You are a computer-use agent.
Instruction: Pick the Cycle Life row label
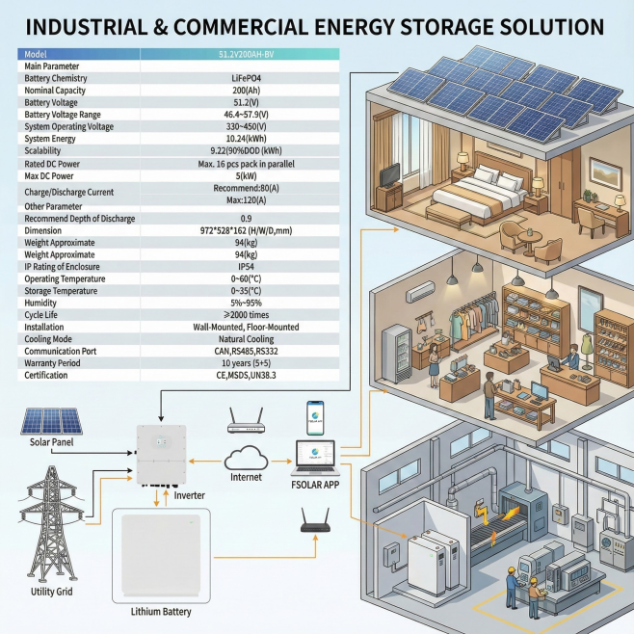coord(44,315)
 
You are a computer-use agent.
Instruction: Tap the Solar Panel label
coord(45,440)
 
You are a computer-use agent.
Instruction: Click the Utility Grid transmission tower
coord(44,520)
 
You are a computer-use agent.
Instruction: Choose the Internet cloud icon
coord(246,458)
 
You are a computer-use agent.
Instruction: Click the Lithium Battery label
coord(160,612)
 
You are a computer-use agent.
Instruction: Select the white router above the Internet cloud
coord(245,421)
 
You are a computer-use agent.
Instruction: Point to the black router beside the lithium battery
coord(314,525)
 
